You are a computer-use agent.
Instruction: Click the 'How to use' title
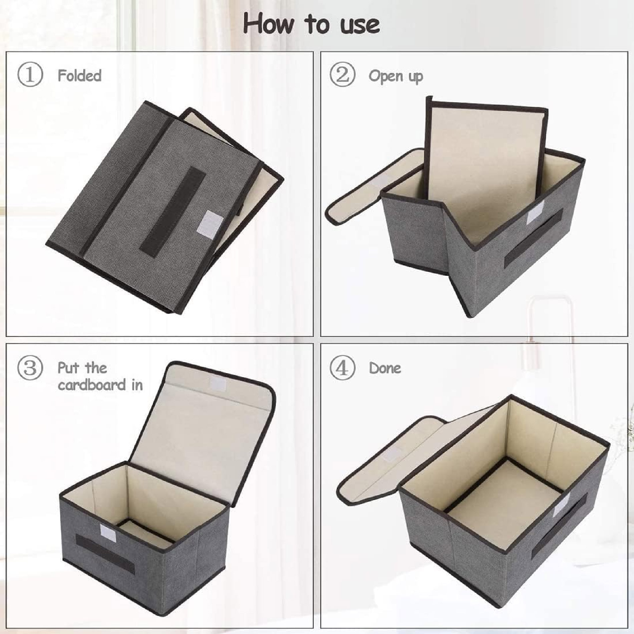click(x=311, y=24)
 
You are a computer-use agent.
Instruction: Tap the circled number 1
click(x=30, y=76)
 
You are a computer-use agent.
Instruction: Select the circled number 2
click(x=342, y=76)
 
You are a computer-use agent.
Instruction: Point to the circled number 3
click(x=30, y=368)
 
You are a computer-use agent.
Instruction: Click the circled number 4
click(x=342, y=368)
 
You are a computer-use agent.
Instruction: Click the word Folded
click(x=79, y=76)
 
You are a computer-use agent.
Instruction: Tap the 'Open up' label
click(x=396, y=77)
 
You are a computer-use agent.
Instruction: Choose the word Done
click(x=385, y=368)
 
